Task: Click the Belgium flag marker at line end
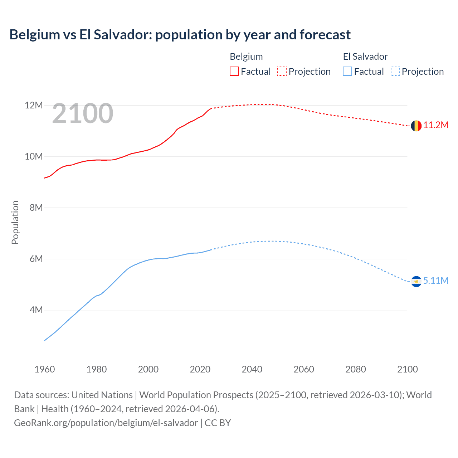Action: click(416, 126)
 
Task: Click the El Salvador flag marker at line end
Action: click(416, 282)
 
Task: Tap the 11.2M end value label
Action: click(435, 125)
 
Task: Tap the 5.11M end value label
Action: click(435, 281)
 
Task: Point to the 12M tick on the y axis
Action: click(34, 106)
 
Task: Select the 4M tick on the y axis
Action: click(36, 310)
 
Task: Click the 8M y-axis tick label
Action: click(36, 208)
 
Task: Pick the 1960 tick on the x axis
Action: click(45, 369)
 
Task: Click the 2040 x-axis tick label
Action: click(252, 369)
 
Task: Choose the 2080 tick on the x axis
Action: click(356, 369)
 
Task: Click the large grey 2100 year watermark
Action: click(83, 113)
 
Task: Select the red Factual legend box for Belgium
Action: click(234, 72)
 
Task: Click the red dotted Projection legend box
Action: click(282, 72)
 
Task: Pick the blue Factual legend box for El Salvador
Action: click(347, 72)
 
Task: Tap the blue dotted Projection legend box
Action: click(395, 72)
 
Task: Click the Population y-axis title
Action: click(15, 222)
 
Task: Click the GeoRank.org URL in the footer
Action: click(106, 423)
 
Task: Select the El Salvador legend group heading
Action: click(365, 57)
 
